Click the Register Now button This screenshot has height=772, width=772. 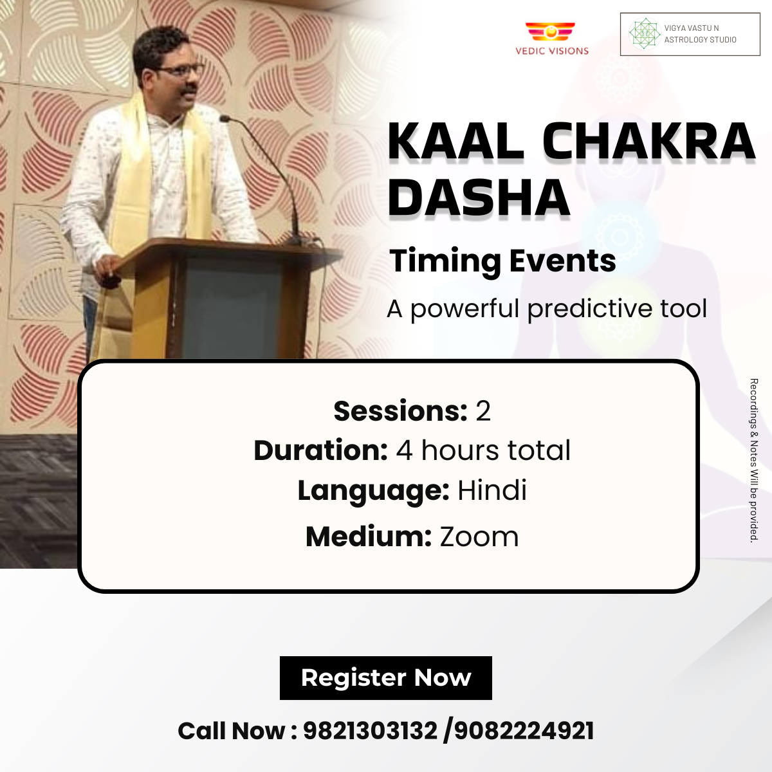pos(385,678)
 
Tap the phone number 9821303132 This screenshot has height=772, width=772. pos(370,731)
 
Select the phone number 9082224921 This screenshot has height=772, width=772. pos(524,731)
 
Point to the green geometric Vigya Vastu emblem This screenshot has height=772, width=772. pos(644,33)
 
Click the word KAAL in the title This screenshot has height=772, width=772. pos(456,142)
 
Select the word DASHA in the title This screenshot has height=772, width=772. pos(479,198)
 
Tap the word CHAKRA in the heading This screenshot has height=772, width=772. pos(648,142)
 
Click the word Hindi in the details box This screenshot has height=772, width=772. pos(492,490)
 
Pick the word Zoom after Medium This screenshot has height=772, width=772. pos(479,537)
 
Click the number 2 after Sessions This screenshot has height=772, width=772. pos(483,412)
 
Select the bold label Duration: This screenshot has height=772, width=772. pos(320,450)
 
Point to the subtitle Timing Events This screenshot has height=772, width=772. pos(502,261)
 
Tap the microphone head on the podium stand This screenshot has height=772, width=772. pos(225,118)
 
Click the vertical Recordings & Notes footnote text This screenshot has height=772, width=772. pos(753,461)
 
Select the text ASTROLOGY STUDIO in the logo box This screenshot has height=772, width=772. pos(701,40)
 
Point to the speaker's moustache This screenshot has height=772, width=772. pos(188,91)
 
